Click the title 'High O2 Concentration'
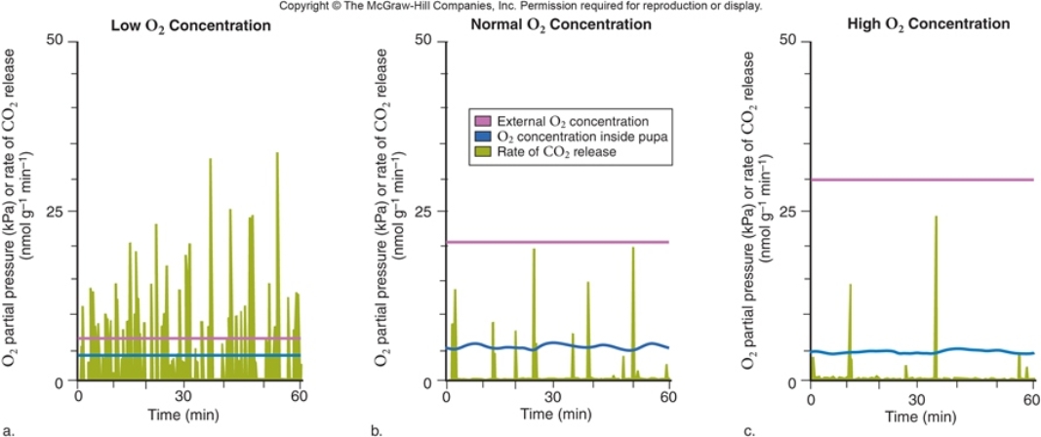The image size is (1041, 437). coord(914,24)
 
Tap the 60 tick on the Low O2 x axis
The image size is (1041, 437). coord(298,397)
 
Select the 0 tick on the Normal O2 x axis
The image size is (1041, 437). coord(445,397)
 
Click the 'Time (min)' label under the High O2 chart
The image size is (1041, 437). coord(921,415)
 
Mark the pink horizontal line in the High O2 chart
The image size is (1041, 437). coord(922,179)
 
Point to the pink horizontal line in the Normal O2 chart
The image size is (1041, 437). coord(557,242)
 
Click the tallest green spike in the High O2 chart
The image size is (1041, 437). coord(936,219)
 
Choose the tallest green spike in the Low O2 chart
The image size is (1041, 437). coord(277,156)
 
